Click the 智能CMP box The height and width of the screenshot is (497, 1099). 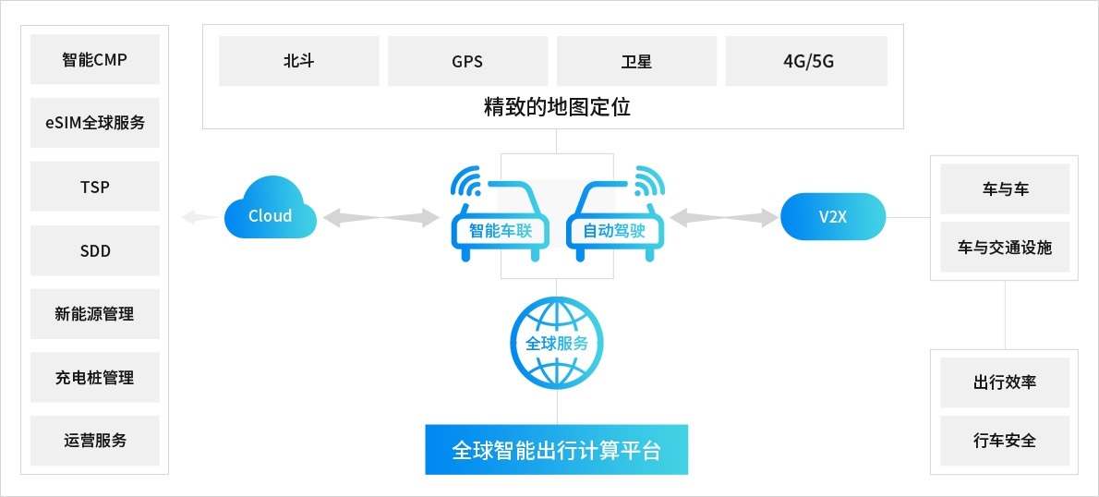point(94,59)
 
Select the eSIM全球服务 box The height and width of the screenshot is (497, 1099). point(94,123)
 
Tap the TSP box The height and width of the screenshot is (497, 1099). point(94,187)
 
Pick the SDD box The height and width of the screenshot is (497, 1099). point(94,250)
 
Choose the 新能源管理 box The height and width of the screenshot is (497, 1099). point(94,313)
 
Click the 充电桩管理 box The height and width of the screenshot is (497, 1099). point(94,377)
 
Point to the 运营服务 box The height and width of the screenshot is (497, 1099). point(94,441)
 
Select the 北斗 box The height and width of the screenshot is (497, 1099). point(298,61)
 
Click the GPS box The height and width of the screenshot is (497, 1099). point(467,61)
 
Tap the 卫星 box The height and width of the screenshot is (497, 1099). point(636,61)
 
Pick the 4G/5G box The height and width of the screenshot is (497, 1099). point(806,61)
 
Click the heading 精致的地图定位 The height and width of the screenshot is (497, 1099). point(557,107)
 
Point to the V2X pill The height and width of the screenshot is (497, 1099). point(833,216)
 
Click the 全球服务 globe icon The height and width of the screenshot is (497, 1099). point(557,344)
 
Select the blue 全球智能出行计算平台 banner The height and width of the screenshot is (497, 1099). point(557,449)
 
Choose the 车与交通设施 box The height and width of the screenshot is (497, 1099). point(1005,247)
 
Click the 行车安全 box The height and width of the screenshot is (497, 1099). point(1005,441)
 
